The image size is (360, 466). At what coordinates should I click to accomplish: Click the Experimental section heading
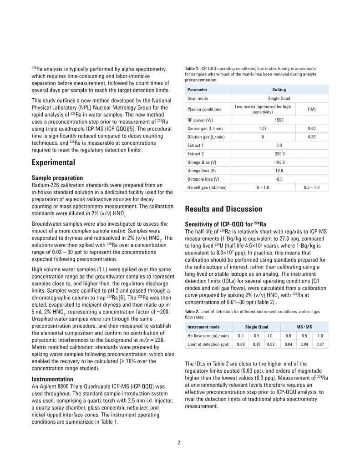click(53, 162)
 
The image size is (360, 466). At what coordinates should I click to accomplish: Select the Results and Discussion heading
click(223, 209)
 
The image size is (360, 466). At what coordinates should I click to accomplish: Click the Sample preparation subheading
click(57, 178)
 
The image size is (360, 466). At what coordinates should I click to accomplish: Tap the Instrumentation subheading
click(52, 379)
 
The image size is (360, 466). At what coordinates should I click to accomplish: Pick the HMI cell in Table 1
click(312, 109)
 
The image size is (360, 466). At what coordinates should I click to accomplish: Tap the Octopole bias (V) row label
click(203, 179)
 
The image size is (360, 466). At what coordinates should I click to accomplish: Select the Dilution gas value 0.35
click(312, 137)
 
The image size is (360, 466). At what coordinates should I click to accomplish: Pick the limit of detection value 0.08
click(241, 344)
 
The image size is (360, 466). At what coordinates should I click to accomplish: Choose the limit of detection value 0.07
click(320, 344)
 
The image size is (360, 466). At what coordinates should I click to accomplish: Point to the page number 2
click(179, 442)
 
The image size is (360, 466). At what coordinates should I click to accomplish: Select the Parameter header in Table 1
click(197, 90)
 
